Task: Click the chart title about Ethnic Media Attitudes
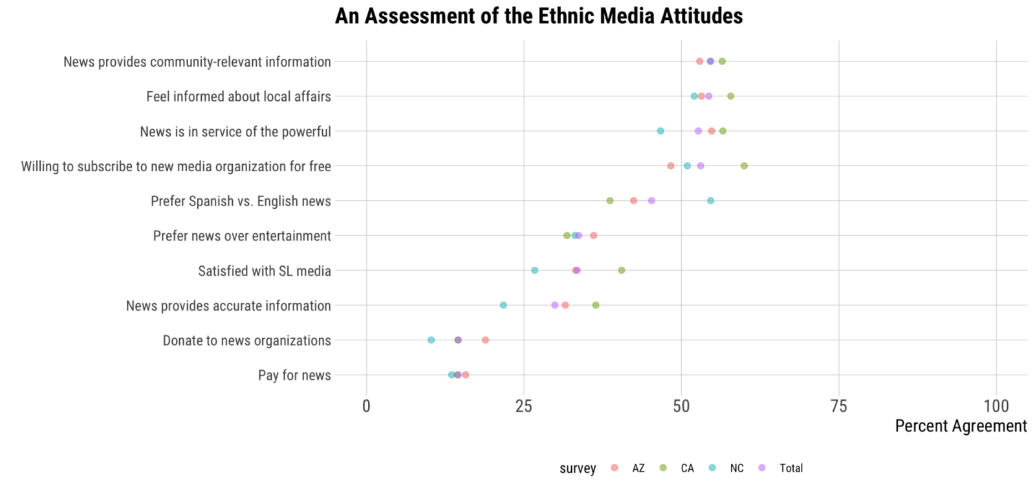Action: point(538,16)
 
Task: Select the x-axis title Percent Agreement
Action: point(961,426)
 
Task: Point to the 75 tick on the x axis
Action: point(838,406)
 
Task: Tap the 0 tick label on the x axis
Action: point(366,406)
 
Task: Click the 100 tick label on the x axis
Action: point(996,406)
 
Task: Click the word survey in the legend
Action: point(578,468)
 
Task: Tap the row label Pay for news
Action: point(294,375)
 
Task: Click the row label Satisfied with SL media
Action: point(264,271)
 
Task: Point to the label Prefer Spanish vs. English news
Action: point(241,201)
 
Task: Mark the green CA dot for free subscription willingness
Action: point(744,166)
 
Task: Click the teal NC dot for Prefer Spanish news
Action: point(710,201)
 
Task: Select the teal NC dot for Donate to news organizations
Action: point(431,340)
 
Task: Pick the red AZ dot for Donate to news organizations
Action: point(485,340)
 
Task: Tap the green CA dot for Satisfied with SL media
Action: point(621,270)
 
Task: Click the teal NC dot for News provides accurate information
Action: point(503,305)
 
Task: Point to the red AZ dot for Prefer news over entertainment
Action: point(593,235)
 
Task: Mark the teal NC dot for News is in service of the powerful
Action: point(660,131)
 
